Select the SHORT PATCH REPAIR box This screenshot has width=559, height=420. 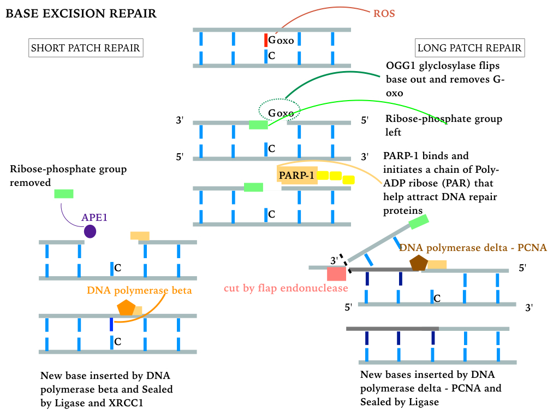86,48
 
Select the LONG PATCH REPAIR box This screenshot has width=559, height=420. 469,48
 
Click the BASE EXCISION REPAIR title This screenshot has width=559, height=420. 81,14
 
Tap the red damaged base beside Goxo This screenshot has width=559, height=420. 265,40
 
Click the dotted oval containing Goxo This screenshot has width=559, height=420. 279,111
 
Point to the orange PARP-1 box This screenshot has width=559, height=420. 297,175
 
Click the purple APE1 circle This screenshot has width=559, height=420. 90,231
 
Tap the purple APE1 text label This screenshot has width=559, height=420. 94,217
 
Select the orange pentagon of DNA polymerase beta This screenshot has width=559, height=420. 126,308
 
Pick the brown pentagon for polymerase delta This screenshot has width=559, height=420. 419,263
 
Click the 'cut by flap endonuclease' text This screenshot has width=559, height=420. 286,288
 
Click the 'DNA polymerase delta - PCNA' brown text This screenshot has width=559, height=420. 473,248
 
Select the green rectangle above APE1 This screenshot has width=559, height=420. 64,194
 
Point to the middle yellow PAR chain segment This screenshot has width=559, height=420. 335,176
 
